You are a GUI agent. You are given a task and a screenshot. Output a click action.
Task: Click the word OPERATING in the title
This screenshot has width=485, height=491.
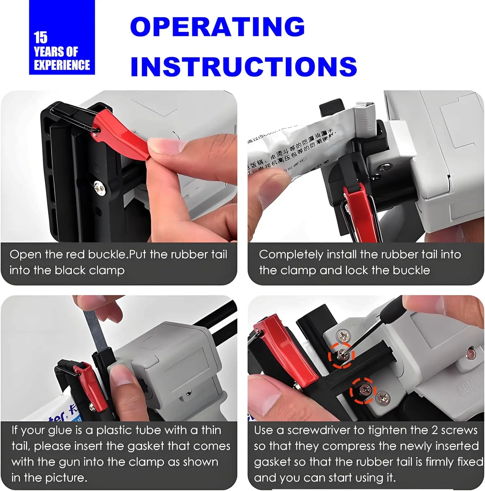(x=217, y=27)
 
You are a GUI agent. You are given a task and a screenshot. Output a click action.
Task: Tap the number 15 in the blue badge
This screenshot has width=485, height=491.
(x=41, y=38)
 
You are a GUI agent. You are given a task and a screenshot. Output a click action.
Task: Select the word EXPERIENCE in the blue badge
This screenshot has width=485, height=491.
(x=62, y=65)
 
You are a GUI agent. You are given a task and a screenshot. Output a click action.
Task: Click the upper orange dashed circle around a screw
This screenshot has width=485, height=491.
(x=341, y=355)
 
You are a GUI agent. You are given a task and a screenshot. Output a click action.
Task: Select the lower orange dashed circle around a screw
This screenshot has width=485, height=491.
(x=363, y=391)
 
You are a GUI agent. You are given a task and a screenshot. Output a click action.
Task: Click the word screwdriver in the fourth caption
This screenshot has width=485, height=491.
(x=318, y=430)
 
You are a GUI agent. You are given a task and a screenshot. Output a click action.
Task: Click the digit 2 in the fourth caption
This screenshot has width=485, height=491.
(x=434, y=430)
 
